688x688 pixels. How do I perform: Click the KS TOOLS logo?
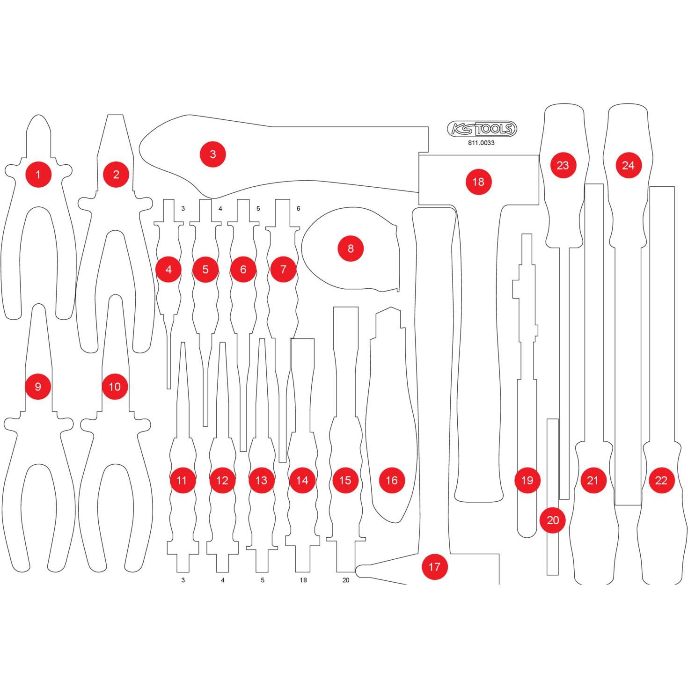[x=482, y=129]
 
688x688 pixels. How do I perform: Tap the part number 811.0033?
[x=481, y=143]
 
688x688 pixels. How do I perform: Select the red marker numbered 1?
[x=38, y=175]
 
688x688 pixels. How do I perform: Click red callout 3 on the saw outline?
[x=213, y=154]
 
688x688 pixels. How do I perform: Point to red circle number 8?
[x=351, y=249]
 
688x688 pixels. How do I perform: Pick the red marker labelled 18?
[x=478, y=182]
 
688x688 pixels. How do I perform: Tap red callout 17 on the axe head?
[x=434, y=567]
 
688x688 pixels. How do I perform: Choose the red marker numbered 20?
[x=553, y=520]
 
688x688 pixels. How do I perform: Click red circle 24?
[x=629, y=165]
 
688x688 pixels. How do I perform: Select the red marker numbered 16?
[x=392, y=480]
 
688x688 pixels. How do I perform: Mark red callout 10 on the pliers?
[x=115, y=387]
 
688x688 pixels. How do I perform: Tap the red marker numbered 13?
[x=261, y=480]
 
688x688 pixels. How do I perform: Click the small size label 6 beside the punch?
[x=299, y=209]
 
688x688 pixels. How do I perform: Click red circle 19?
[x=527, y=480]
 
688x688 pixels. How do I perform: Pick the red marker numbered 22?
[x=661, y=480]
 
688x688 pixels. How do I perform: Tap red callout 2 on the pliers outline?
[x=116, y=175]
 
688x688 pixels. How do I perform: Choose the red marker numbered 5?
[x=205, y=269]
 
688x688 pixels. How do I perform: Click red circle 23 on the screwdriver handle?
[x=563, y=165]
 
